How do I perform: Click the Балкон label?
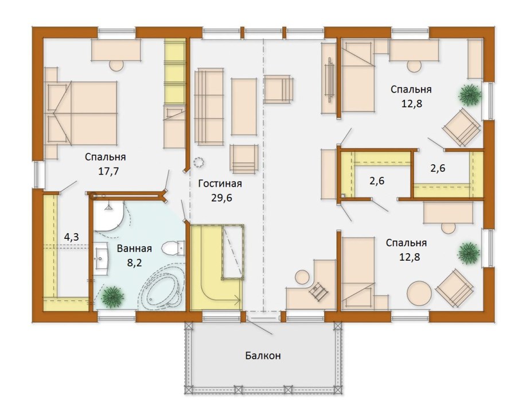pyautogui.click(x=263, y=355)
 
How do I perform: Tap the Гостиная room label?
pyautogui.click(x=220, y=184)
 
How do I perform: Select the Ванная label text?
pyautogui.click(x=134, y=249)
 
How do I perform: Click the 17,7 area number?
pyautogui.click(x=108, y=171)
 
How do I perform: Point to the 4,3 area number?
pyautogui.click(x=71, y=237)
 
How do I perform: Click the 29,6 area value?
pyautogui.click(x=221, y=198)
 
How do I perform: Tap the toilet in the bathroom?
pyautogui.click(x=173, y=248)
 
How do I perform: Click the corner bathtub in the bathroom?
pyautogui.click(x=163, y=288)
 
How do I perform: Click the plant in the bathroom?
pyautogui.click(x=113, y=296)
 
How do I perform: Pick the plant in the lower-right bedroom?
pyautogui.click(x=469, y=253)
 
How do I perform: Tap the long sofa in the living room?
pyautogui.click(x=209, y=107)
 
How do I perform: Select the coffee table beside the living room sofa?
pyautogui.click(x=244, y=107)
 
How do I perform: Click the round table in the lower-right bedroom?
pyautogui.click(x=419, y=293)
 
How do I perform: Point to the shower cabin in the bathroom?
pyautogui.click(x=108, y=216)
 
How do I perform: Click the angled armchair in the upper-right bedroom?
pyautogui.click(x=461, y=127)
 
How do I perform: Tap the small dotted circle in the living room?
pyautogui.click(x=199, y=162)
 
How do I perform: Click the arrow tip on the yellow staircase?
pyautogui.click(x=240, y=300)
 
